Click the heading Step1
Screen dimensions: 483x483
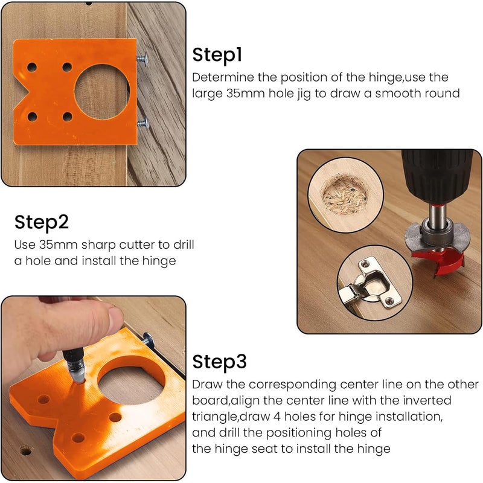[217, 56]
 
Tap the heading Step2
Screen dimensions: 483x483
[42, 222]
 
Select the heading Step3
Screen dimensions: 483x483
[219, 362]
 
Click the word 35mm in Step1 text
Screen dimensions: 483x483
[246, 93]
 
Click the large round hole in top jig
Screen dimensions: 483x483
[102, 92]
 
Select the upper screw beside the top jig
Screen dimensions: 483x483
[142, 59]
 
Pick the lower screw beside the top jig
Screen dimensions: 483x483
[143, 124]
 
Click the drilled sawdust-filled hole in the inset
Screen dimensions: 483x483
[345, 194]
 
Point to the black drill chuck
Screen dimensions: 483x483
[437, 176]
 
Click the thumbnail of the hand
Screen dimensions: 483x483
[116, 317]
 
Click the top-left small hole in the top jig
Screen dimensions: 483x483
[32, 67]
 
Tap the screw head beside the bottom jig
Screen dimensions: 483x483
[149, 339]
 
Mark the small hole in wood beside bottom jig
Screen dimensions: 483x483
[25, 451]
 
